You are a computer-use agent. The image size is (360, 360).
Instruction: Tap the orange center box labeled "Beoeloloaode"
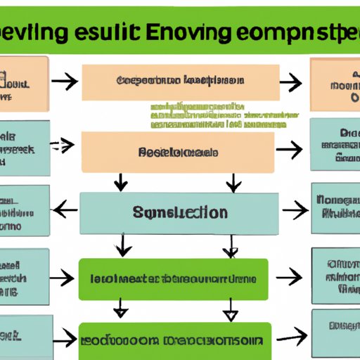(177, 152)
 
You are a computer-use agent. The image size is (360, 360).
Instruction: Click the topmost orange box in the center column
(179, 82)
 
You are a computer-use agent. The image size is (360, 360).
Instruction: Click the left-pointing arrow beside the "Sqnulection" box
(65, 209)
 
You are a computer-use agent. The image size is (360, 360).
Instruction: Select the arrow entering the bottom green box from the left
(65, 340)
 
